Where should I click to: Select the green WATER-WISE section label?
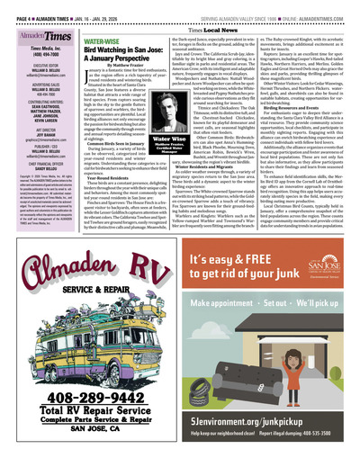pyautogui.click(x=102, y=40)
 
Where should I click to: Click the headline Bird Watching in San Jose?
pyautogui.click(x=121, y=50)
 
